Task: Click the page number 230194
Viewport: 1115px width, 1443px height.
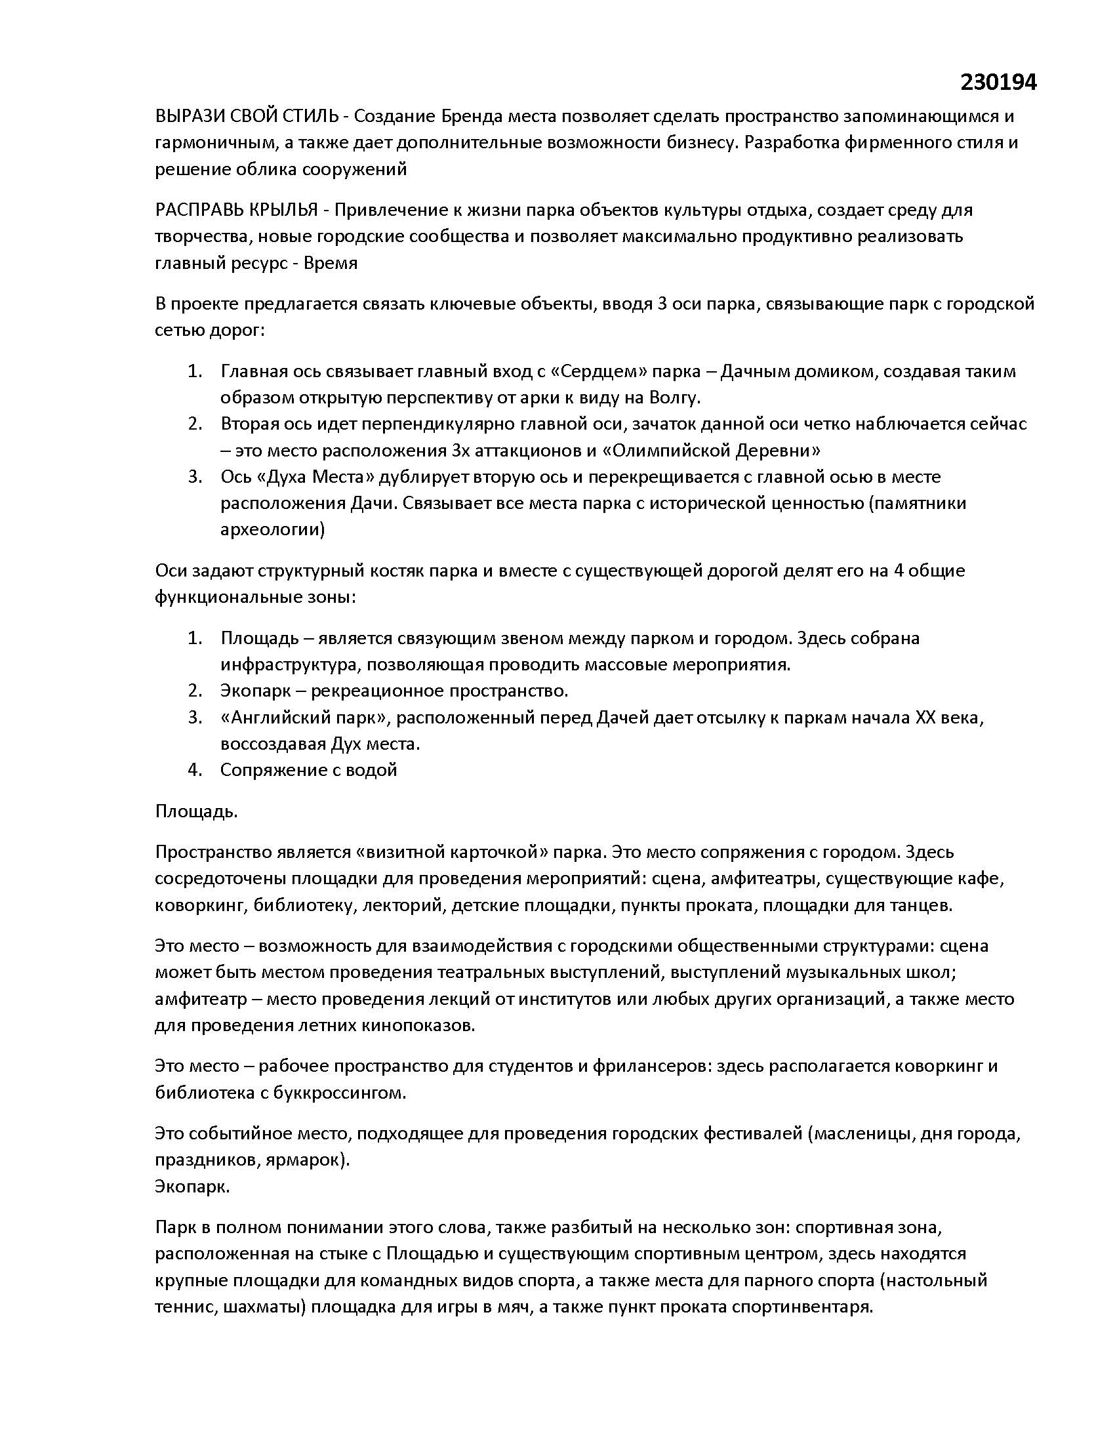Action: (998, 83)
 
